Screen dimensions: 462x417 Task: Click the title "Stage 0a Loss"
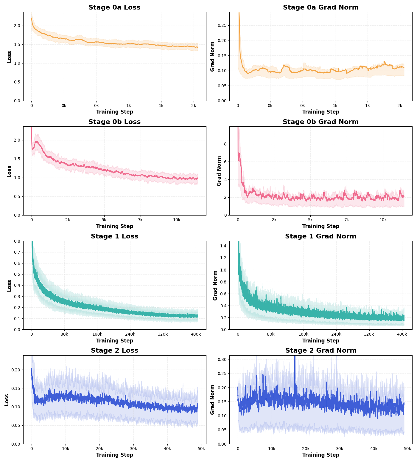(x=114, y=7)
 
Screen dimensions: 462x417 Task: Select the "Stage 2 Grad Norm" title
(x=321, y=351)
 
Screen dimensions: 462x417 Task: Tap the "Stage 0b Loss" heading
(x=114, y=122)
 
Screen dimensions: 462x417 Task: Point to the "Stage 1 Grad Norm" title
(x=321, y=236)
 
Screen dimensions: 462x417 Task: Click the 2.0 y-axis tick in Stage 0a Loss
(x=17, y=26)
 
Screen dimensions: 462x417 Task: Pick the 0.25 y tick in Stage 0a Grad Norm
(x=222, y=25)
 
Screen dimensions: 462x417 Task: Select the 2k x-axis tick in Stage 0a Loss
(x=194, y=106)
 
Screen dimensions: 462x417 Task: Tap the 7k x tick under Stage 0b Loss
(x=140, y=220)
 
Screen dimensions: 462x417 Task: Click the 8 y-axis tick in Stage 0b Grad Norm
(x=225, y=144)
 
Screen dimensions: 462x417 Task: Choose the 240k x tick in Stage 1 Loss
(x=130, y=334)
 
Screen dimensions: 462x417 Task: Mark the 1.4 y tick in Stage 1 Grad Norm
(x=223, y=246)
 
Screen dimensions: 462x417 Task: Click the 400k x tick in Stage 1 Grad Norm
(x=402, y=334)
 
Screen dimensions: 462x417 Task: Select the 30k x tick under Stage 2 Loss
(x=133, y=449)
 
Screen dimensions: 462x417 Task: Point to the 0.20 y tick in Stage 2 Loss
(x=15, y=370)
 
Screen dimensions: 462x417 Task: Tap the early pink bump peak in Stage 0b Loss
(x=36, y=142)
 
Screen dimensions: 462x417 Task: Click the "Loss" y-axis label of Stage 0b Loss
(x=9, y=171)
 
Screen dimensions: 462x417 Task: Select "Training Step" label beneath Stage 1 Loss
(x=114, y=341)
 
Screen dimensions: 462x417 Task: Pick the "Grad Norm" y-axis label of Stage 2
(x=213, y=399)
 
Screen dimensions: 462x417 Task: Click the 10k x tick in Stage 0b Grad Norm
(x=383, y=220)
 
